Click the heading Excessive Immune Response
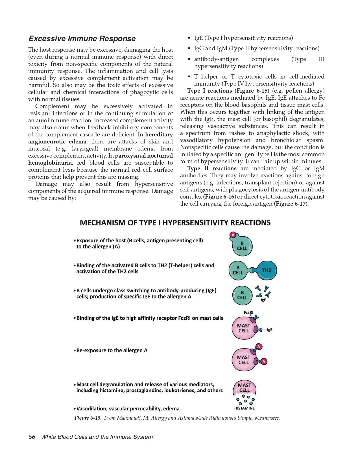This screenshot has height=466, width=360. pos(82,39)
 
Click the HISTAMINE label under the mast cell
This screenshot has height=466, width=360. pos(244,408)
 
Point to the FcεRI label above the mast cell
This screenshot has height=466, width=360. pos(248,312)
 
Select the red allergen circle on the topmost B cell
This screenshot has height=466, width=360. pos(233,235)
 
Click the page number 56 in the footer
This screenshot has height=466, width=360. pos(32,437)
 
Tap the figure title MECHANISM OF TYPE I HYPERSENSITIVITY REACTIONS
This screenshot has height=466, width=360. pos(175,223)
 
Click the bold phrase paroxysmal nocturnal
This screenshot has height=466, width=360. pos(144,156)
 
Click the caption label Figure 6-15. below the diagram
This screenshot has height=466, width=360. pos(88,418)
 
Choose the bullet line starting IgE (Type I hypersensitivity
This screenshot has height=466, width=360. pos(243,38)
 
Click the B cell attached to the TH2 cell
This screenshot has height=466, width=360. pos(238,270)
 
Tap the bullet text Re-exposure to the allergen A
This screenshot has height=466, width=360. pos(112,350)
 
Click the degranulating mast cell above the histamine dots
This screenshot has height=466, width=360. pos(245,388)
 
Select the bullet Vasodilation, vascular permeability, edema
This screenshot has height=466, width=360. pos(128,409)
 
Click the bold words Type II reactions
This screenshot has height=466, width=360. pos(212,168)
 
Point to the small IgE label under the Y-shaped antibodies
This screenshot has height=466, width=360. pos(263,300)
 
